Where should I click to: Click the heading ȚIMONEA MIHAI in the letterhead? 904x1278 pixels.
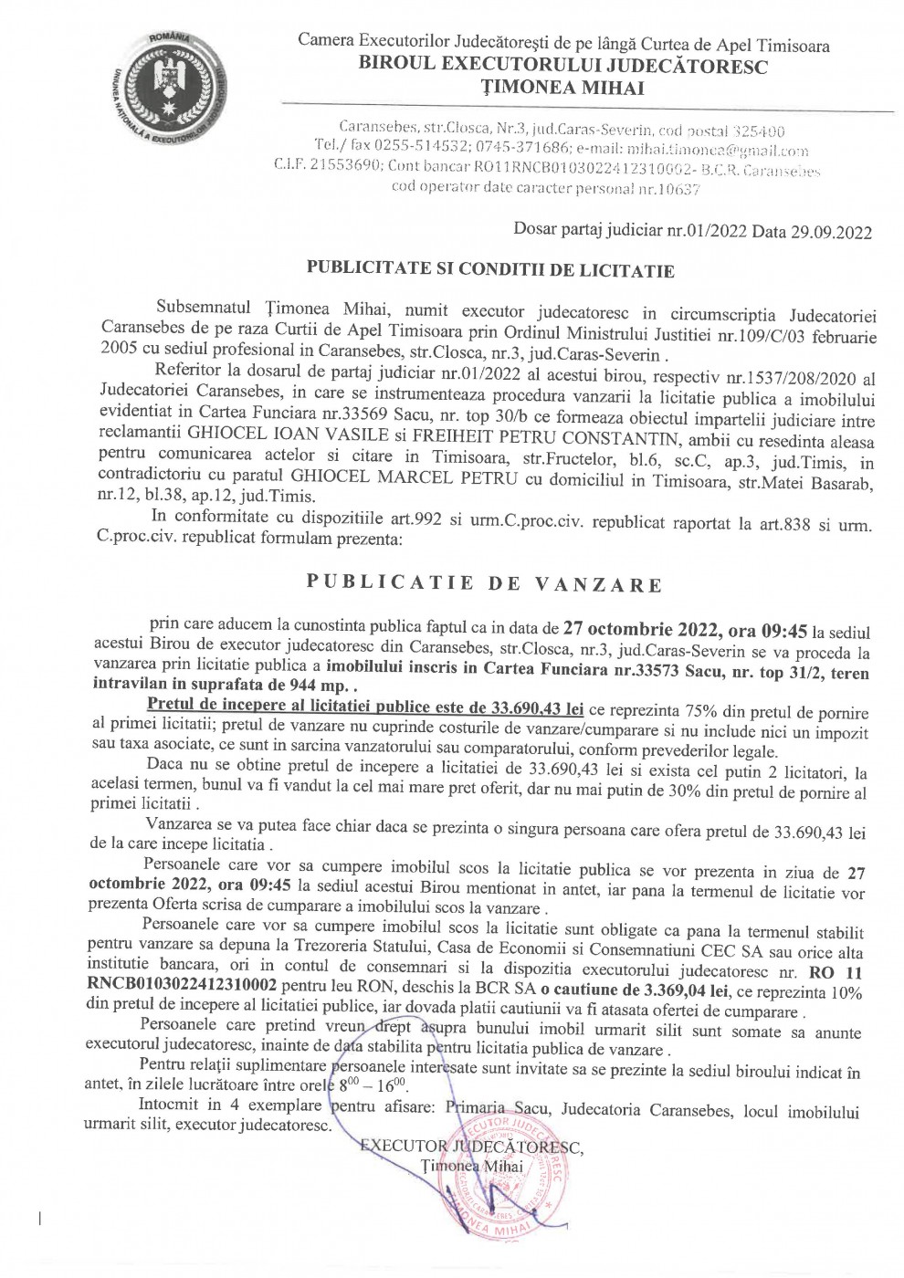point(563,88)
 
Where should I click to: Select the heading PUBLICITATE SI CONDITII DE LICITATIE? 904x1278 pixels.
point(490,270)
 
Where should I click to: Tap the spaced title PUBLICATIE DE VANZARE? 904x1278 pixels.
point(483,584)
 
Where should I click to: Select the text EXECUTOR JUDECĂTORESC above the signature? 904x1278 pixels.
point(471,1147)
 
